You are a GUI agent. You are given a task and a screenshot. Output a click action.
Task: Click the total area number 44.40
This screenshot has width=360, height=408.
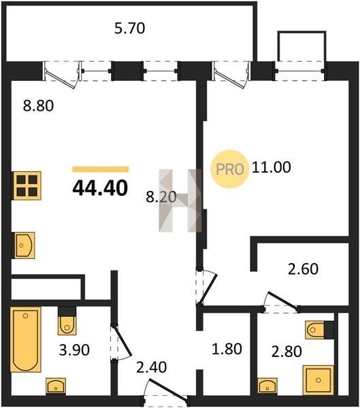pos(100,188)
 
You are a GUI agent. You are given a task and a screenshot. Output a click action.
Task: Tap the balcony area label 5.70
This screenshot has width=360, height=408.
pos(130,28)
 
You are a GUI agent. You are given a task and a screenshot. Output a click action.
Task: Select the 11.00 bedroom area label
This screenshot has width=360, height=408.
pos(271,167)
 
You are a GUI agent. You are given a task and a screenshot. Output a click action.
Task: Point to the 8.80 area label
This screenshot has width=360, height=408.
pos(38,105)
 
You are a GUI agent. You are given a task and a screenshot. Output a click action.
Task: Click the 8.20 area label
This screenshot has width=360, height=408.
pos(161,197)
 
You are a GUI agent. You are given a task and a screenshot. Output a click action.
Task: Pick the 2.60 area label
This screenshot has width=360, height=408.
pos(303,269)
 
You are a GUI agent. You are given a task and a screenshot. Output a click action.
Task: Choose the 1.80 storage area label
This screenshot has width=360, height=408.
pos(227,349)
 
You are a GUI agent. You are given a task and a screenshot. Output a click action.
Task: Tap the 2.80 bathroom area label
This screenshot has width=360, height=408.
pos(287,351)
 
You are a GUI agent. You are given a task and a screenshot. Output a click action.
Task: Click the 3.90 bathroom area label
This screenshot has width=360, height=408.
pos(74,350)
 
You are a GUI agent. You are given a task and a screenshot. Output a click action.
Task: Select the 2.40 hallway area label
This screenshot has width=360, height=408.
pos(151,367)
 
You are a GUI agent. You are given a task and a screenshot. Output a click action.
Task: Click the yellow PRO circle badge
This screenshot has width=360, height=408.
pos(229,169)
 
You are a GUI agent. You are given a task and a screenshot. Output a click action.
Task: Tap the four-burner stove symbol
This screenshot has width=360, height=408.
pos(27,186)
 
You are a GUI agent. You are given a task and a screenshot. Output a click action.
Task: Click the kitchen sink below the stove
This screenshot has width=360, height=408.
pos(24,245)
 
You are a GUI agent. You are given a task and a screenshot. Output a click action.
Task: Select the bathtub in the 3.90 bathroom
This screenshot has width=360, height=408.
pos(26,339)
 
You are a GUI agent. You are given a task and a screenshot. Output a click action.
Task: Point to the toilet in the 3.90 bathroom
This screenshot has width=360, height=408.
pos(67,322)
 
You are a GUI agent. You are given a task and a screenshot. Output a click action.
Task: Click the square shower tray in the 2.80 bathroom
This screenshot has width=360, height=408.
pos(318,380)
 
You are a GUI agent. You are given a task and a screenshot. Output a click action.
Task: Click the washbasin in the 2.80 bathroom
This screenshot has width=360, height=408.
pos(267,386)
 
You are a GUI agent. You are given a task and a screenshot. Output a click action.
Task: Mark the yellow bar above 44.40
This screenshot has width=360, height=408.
pos(101,169)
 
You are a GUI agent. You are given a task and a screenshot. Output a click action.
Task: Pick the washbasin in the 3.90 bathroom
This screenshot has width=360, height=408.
pos(56,386)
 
